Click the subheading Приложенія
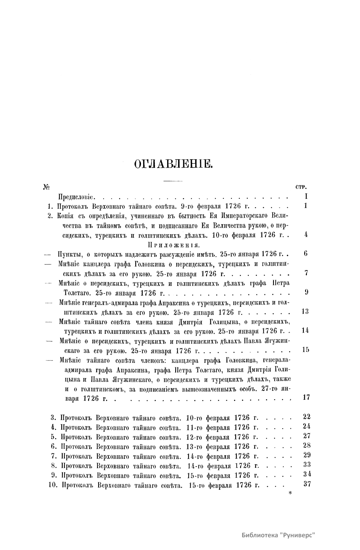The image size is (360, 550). click(x=173, y=245)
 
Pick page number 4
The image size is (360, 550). click(x=306, y=235)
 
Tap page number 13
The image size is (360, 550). click(x=305, y=311)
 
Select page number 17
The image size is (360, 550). click(x=306, y=397)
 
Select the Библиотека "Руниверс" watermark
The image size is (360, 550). click(x=279, y=535)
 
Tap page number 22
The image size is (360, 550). click(x=307, y=417)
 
